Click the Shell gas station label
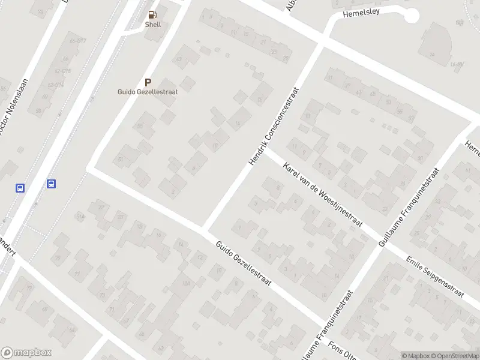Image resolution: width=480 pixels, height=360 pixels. pyautogui.click(x=153, y=25)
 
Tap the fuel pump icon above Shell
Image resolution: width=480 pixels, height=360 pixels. pyautogui.click(x=153, y=15)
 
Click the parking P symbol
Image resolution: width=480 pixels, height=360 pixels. pyautogui.click(x=148, y=82)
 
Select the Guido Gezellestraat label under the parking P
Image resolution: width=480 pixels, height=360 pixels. pyautogui.click(x=148, y=92)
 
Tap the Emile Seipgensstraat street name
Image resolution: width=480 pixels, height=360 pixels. pyautogui.click(x=435, y=277)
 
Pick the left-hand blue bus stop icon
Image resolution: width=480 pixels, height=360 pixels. pyautogui.click(x=20, y=188)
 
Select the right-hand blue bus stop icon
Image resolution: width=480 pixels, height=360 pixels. pyautogui.click(x=52, y=184)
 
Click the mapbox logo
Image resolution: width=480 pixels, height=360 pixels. pyautogui.click(x=26, y=352)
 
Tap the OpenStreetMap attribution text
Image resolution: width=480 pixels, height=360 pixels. pyautogui.click(x=456, y=356)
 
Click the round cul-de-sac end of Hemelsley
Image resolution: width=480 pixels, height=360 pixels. pyautogui.click(x=411, y=16)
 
